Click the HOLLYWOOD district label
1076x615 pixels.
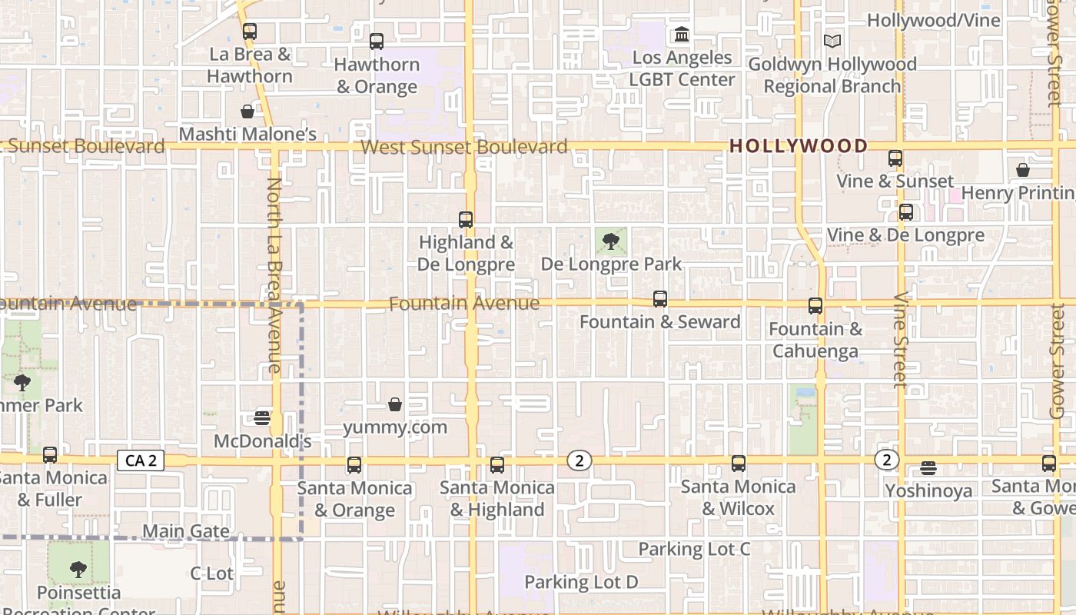(x=798, y=145)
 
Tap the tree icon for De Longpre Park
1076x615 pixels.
(x=611, y=241)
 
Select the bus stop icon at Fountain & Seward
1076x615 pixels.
(x=659, y=299)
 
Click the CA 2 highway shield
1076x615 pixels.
(x=141, y=460)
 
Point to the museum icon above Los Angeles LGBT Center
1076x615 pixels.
(x=682, y=35)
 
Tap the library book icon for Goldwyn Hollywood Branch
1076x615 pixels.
(x=832, y=41)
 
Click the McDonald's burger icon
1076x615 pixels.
(x=262, y=418)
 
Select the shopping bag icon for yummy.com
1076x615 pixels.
(x=395, y=404)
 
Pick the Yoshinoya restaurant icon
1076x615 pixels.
(x=928, y=467)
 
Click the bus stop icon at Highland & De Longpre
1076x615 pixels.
(x=466, y=219)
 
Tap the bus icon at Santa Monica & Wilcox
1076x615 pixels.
(x=739, y=464)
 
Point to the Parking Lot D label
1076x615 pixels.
(x=581, y=582)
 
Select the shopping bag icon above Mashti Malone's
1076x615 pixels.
(x=247, y=111)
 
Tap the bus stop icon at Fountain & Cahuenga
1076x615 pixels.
(x=815, y=306)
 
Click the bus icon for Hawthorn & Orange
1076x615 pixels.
(x=377, y=42)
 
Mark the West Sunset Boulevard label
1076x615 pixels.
(x=464, y=147)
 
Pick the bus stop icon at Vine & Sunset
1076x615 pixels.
(x=895, y=158)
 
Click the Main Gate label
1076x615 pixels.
(x=186, y=531)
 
